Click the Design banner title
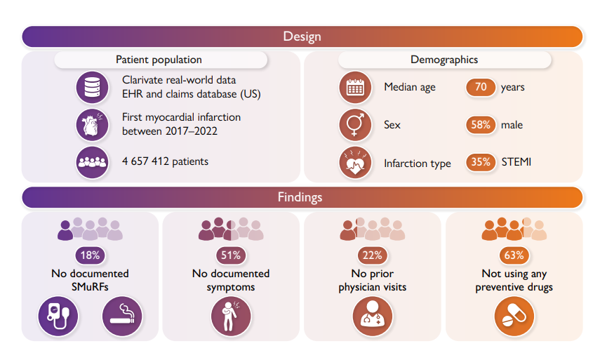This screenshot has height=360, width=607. pyautogui.click(x=302, y=36)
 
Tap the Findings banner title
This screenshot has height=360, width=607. pyautogui.click(x=300, y=197)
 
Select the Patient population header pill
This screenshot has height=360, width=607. pyautogui.click(x=161, y=60)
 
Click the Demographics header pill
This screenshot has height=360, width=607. pyautogui.click(x=444, y=60)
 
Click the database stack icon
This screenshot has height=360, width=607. pyautogui.click(x=92, y=87)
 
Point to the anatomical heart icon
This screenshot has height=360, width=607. pyautogui.click(x=92, y=125)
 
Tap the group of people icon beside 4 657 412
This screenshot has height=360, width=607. pyautogui.click(x=92, y=162)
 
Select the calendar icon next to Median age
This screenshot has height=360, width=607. pyautogui.click(x=355, y=87)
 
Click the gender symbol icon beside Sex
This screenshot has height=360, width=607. pyautogui.click(x=355, y=125)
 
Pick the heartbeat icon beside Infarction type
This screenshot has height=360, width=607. pyautogui.click(x=355, y=162)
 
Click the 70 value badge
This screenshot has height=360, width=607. pyautogui.click(x=481, y=87)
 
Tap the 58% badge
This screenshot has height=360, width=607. pyautogui.click(x=481, y=125)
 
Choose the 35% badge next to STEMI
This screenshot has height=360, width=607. pyautogui.click(x=481, y=162)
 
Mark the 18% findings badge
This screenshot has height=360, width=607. pyautogui.click(x=91, y=255)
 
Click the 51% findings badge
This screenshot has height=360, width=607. pyautogui.click(x=231, y=255)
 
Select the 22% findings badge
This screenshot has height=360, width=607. pyautogui.click(x=373, y=255)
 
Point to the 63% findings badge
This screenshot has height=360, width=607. pyautogui.click(x=514, y=255)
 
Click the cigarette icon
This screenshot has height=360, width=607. pyautogui.click(x=122, y=316)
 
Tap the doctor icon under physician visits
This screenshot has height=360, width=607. pyautogui.click(x=373, y=316)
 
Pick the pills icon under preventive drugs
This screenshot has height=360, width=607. pyautogui.click(x=514, y=316)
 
